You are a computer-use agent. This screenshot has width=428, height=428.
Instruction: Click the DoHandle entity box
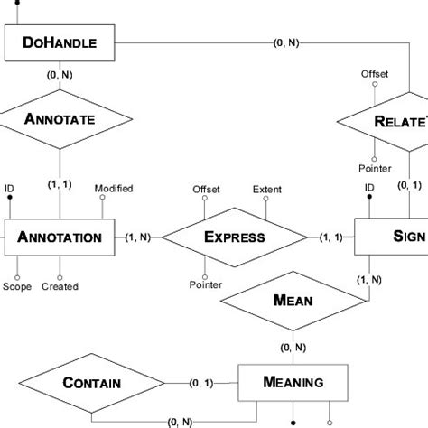point(60,42)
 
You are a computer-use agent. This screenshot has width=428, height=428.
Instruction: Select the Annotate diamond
point(60,118)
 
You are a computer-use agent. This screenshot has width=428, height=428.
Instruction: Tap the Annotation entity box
point(60,238)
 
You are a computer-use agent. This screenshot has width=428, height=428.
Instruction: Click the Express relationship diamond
point(234,238)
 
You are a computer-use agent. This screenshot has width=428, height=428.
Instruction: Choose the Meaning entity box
point(293,382)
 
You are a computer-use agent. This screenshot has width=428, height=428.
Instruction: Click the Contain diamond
point(92,383)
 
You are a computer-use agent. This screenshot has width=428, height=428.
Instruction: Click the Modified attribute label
point(114,188)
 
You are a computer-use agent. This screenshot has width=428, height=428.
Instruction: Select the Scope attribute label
point(15,287)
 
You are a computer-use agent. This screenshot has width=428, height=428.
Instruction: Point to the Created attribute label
point(60,287)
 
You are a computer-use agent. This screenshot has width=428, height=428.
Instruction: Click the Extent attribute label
point(266,190)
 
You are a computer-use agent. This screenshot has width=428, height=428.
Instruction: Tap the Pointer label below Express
point(206,285)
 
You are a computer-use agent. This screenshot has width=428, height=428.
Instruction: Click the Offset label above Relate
point(375,74)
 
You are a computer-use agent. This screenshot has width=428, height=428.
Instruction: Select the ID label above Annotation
point(9,188)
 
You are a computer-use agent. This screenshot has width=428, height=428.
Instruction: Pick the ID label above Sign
point(368,188)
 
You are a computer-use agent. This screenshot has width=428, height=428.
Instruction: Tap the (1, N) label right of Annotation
point(138,237)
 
